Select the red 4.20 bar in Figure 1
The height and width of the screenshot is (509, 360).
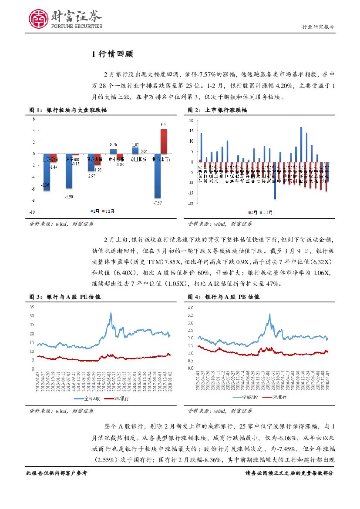point(164,141)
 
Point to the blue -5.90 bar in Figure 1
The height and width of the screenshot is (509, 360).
point(69,171)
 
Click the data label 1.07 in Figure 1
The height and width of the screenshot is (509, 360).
point(135,145)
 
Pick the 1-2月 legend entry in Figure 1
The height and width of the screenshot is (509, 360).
point(109,211)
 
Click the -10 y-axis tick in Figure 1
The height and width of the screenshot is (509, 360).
point(32,212)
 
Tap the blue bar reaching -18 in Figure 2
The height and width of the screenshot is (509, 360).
point(275,181)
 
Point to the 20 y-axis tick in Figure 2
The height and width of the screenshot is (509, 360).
point(192,121)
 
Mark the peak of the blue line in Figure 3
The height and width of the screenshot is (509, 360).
point(111,313)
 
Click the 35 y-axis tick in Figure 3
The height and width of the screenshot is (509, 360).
point(31,307)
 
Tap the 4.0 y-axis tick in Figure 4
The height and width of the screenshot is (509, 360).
point(190,308)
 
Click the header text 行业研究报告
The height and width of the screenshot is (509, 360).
point(318,27)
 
